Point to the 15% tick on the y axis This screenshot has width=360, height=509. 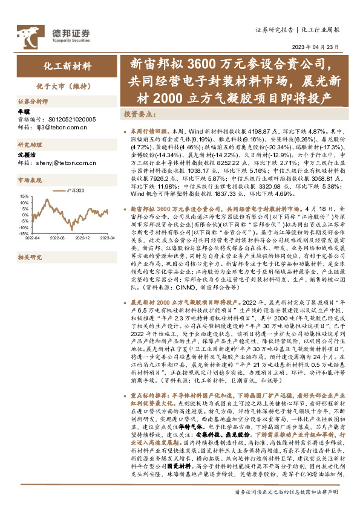coord(25,196)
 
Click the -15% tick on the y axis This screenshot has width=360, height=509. coord(24,232)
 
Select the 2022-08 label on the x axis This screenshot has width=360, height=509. coord(57,239)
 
